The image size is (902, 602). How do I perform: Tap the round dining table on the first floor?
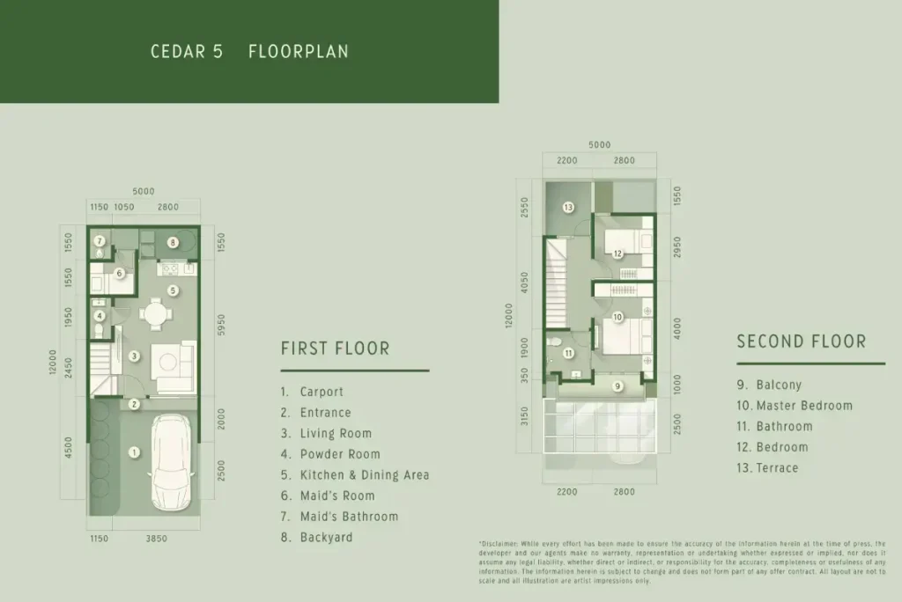click(156, 312)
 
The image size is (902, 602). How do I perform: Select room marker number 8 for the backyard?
click(174, 242)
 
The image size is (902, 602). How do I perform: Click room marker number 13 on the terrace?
click(569, 208)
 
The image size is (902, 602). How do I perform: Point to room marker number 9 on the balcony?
click(617, 385)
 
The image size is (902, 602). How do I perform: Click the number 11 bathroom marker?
click(569, 354)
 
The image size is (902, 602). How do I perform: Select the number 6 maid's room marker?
click(119, 274)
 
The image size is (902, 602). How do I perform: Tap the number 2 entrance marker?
click(134, 405)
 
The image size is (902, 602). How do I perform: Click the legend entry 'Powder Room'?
click(340, 454)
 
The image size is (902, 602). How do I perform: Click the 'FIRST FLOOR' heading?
click(335, 349)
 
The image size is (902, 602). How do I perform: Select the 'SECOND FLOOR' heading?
click(801, 341)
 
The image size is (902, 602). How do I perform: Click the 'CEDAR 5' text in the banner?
click(186, 52)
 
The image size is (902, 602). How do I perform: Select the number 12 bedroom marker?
click(618, 254)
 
